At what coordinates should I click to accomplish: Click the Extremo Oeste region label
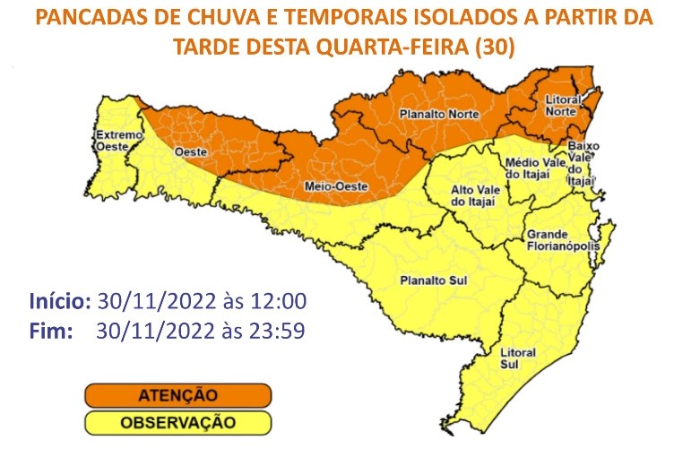(119, 142)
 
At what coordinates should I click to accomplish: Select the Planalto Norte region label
(439, 115)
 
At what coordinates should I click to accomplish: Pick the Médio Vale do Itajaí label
(537, 168)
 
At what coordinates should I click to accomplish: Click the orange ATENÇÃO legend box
(177, 394)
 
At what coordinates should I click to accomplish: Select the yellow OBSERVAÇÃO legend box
(177, 421)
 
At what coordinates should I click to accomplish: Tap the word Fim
(50, 330)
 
